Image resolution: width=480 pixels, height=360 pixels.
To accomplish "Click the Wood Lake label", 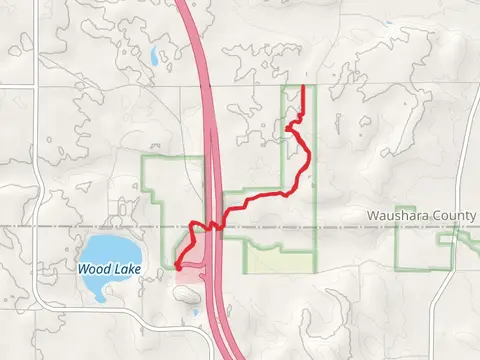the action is point(109,269).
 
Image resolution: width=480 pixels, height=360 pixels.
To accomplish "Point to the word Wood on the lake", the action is point(95,269).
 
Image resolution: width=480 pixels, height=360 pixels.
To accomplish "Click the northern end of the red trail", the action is point(303,87).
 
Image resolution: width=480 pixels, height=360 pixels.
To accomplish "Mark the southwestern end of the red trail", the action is point(177,267).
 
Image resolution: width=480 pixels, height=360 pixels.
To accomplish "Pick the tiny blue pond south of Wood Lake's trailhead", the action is point(196,313).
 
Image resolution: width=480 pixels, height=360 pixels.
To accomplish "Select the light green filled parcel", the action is point(279,261).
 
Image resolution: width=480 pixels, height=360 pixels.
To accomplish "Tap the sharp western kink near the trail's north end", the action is point(289,127).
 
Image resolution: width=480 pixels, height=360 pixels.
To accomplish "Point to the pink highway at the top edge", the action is point(187,6).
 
